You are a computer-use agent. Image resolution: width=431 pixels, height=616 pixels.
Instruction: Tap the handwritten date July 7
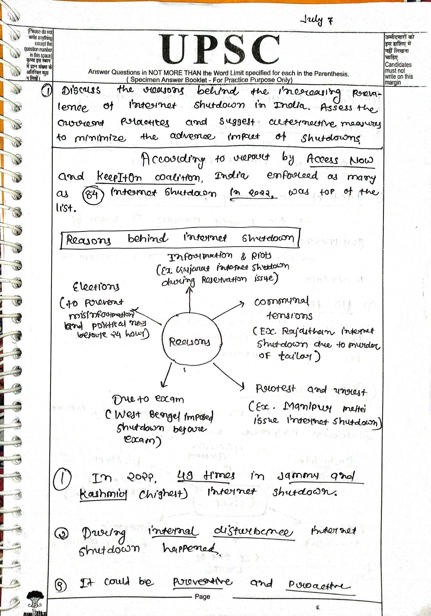(x=317, y=20)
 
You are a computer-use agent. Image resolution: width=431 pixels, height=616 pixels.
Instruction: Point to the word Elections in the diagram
(x=96, y=287)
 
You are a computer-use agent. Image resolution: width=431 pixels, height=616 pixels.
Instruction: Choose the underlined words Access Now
(x=340, y=160)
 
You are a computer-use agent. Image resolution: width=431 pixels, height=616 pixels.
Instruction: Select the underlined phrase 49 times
(x=206, y=476)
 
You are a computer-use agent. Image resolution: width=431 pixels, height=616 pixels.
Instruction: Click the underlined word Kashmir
(x=103, y=493)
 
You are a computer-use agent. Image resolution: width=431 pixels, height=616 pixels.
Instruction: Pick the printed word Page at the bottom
(x=203, y=596)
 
